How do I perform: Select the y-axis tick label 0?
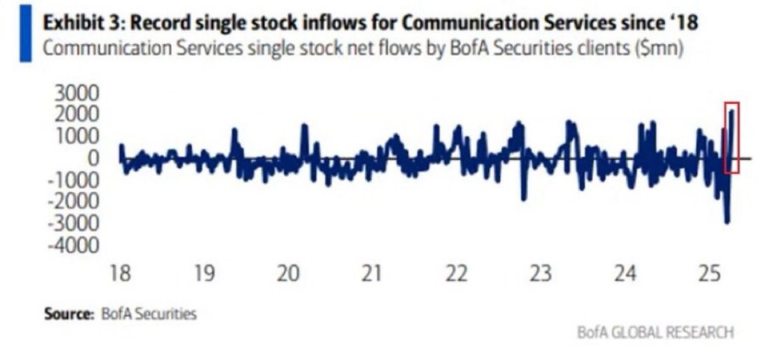click(93, 158)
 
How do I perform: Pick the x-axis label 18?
click(120, 273)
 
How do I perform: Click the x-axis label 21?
click(372, 273)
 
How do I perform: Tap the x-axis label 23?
click(540, 273)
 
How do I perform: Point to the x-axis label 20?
click(288, 273)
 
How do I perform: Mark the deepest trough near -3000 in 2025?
click(727, 221)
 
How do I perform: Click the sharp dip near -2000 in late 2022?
click(524, 198)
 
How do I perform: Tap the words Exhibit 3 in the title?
click(81, 22)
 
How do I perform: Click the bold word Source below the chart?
click(67, 314)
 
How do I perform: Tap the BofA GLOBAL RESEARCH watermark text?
click(656, 332)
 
